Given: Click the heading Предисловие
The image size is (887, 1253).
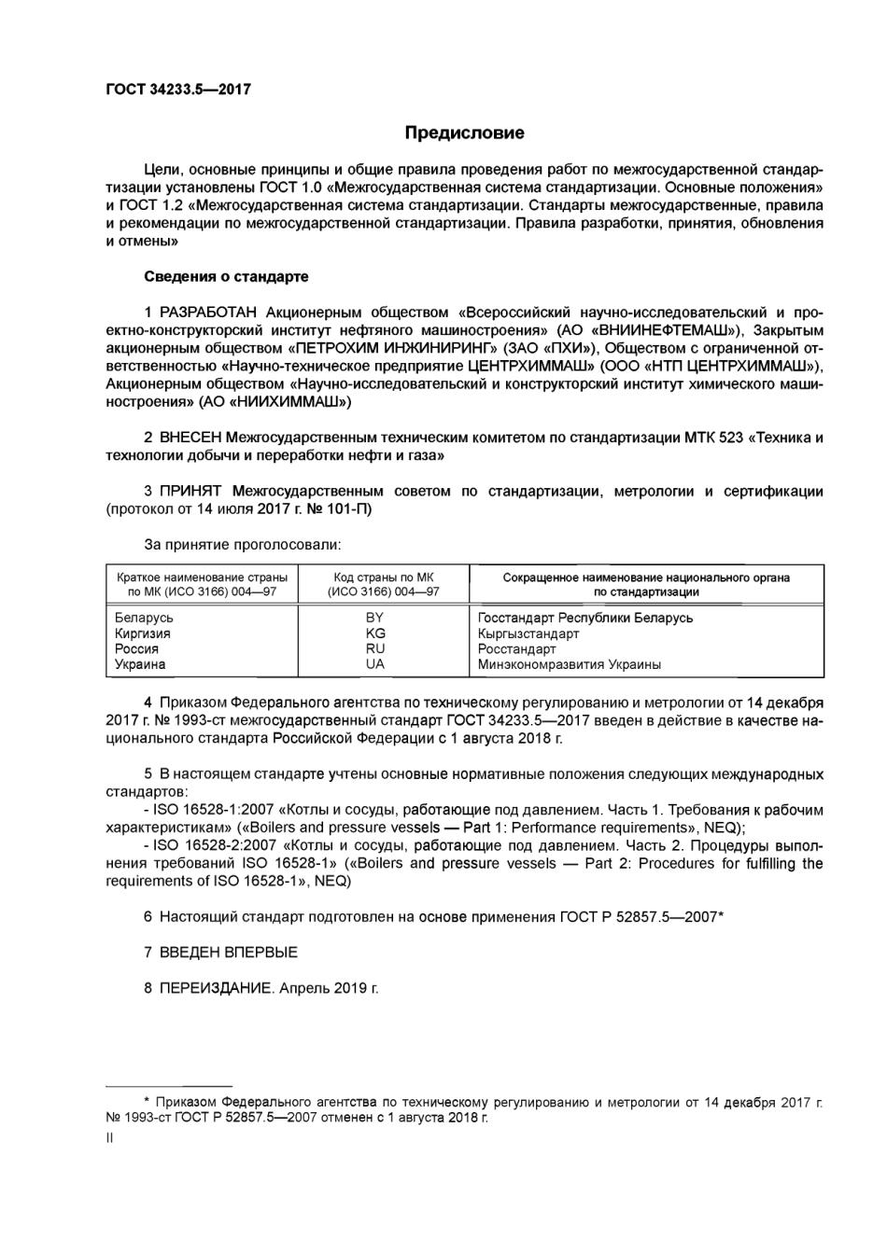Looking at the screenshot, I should point(464,133).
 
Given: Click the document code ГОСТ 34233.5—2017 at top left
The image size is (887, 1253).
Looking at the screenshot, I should point(178,90).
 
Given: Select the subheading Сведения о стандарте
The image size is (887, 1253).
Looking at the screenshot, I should point(226,276).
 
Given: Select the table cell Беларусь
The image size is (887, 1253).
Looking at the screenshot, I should point(144,618).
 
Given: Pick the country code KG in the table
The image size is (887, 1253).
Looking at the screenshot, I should point(375,633).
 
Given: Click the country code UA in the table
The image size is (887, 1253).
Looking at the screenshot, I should point(375,664).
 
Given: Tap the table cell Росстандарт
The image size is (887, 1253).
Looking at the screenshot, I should point(516,648).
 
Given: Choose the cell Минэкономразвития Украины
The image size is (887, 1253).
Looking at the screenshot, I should point(569,664).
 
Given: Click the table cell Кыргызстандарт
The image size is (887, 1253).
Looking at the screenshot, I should point(528,633).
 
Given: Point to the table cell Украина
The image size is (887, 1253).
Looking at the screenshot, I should point(140,664).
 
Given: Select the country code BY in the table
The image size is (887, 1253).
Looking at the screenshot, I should point(375,618).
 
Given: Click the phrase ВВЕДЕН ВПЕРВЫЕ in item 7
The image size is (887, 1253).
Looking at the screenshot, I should point(229,953).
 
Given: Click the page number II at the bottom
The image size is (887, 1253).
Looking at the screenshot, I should point(110,1138).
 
